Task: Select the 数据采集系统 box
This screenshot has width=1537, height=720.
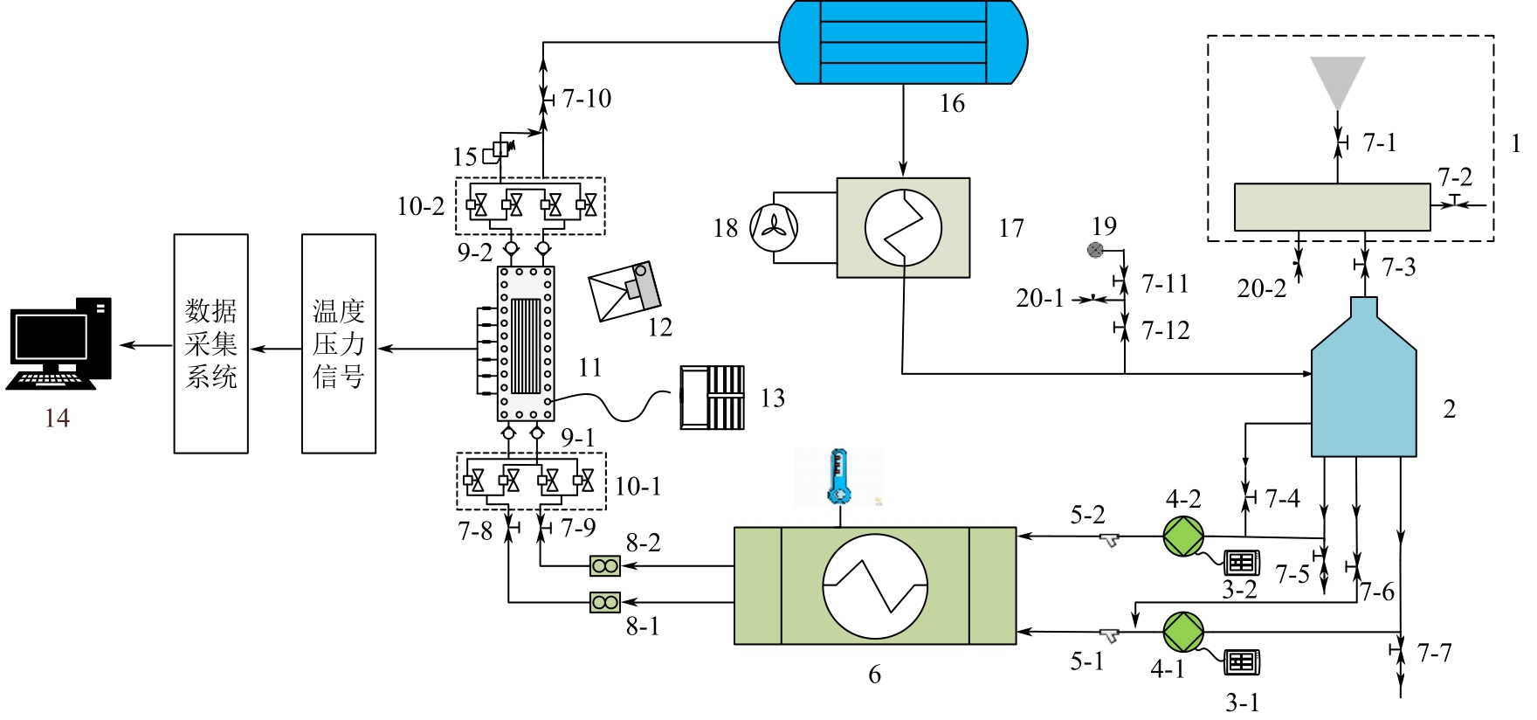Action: click(210, 343)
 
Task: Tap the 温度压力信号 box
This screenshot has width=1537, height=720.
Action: click(339, 343)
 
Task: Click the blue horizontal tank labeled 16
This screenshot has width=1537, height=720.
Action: click(903, 42)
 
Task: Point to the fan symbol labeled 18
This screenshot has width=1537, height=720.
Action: click(774, 228)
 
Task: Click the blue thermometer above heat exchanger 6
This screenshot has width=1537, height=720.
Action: click(839, 477)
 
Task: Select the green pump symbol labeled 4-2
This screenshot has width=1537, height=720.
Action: click(1183, 537)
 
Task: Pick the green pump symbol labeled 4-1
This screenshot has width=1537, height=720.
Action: click(1183, 632)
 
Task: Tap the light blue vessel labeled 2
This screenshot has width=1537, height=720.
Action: click(1363, 377)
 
